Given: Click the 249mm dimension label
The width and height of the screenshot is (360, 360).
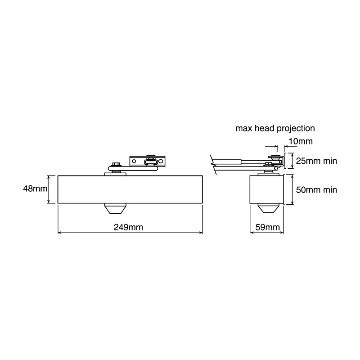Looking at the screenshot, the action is coord(128,227).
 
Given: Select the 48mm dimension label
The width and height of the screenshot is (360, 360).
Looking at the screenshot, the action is coord(35,189).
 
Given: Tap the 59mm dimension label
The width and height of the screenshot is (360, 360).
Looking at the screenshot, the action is coord(268,227).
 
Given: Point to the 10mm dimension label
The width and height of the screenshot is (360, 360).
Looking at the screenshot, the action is coord(301,141).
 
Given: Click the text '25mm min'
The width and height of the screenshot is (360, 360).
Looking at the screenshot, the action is coord(317,161).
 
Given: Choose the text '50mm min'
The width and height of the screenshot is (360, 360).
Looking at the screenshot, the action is coord(317,190).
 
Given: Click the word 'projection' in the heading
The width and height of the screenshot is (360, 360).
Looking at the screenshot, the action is coord(296,129).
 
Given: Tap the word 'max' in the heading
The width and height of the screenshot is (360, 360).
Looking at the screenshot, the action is coord(243,129).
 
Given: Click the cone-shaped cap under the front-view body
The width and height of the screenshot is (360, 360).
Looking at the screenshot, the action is coord(115,209).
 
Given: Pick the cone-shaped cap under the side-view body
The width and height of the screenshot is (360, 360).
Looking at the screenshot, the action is coord(266,208).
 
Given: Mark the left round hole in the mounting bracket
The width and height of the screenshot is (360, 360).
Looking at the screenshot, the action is coord(134,162).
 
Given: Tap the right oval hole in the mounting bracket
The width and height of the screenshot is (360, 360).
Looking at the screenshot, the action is coord(161,162).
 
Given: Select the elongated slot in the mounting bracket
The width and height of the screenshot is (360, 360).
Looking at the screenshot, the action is coord(151,162).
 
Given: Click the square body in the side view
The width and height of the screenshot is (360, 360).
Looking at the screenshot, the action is coord(266,189).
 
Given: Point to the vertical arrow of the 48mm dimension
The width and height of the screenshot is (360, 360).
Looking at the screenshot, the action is coord(49,189).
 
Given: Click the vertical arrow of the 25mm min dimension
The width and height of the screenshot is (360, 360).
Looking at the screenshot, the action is coord(292,161).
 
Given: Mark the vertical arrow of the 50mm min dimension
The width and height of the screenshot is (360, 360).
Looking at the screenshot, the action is coord(292,189).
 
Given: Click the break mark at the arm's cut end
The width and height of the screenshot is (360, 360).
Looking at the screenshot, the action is coord(213,165).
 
